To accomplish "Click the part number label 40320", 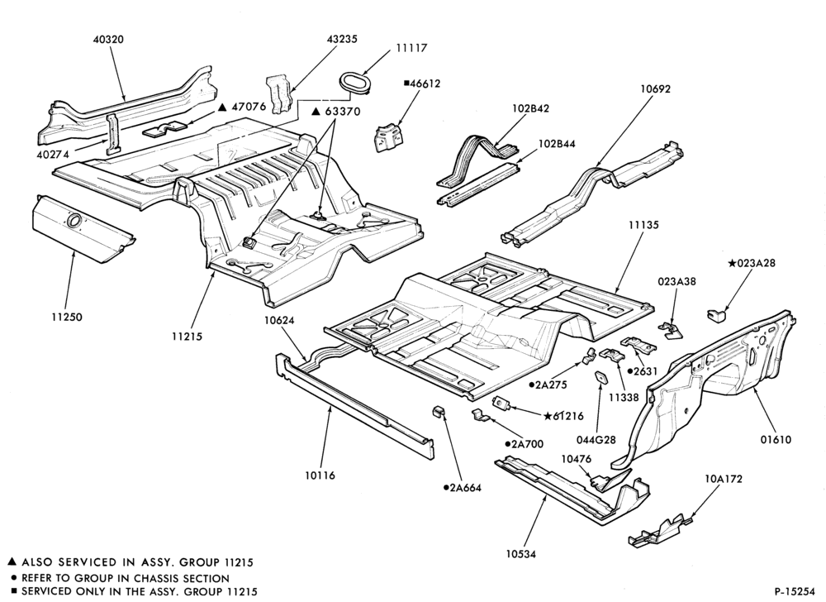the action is (108, 40).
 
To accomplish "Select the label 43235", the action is (341, 39).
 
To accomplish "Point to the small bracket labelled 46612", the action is (388, 137).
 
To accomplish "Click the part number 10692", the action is (655, 89).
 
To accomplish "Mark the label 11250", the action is (67, 318).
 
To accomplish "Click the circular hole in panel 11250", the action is (74, 219).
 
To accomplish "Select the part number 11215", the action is (187, 336).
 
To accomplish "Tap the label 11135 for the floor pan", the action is (643, 225).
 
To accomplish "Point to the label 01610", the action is (776, 439).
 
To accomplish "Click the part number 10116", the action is (320, 475).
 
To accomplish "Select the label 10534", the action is (521, 554).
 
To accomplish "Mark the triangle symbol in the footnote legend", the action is (12, 562).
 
